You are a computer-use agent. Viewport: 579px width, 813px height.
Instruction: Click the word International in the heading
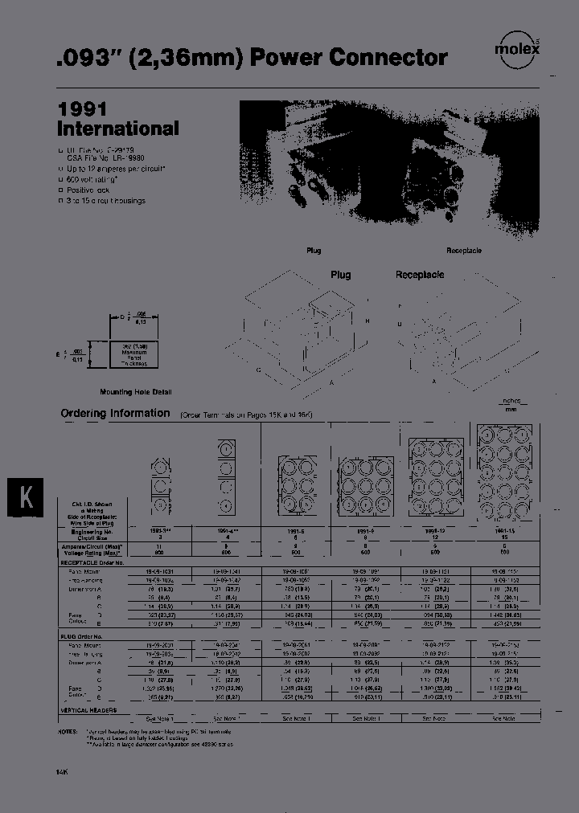tap(118, 129)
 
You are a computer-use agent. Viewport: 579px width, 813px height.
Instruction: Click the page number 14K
tap(62, 772)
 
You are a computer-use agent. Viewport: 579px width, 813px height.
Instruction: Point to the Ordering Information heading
tap(116, 413)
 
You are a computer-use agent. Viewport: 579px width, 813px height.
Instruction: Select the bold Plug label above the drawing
tap(341, 275)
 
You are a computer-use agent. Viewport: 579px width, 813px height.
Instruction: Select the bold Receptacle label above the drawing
tap(420, 275)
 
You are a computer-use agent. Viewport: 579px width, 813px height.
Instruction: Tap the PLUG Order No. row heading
tap(83, 635)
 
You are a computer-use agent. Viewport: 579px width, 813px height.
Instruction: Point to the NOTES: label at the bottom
tap(71, 732)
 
